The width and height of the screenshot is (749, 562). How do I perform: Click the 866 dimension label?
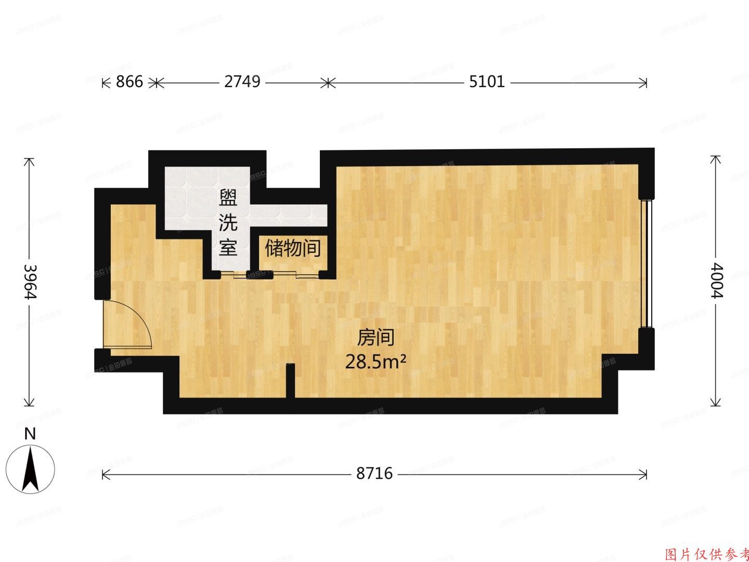pos(129,82)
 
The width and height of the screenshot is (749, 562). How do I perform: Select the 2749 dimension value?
pos(242,82)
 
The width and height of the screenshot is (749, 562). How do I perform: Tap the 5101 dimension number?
pos(487,82)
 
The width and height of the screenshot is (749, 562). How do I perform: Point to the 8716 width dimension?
pos(374,474)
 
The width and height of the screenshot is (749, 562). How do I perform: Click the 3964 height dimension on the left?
pos(30,282)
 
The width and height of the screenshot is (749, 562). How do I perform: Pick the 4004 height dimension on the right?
pos(717,282)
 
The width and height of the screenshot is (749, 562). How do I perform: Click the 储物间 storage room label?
pos(292,248)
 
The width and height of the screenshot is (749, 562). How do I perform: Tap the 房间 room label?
pos(375,338)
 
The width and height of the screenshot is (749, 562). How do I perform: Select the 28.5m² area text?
pos(376,361)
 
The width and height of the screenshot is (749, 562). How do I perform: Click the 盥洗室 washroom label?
pos(228,223)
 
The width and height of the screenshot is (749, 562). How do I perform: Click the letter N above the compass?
pos(31,434)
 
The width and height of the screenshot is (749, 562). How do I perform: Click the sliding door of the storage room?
pos(292,274)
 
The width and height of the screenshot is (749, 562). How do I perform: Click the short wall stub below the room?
pos(290,380)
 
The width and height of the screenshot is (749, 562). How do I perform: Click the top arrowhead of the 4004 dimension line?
pos(717,159)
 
